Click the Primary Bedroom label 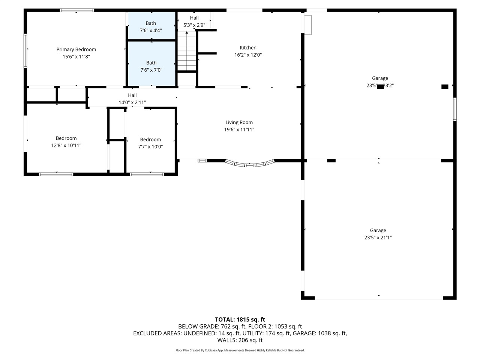76,49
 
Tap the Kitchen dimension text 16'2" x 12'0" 248,55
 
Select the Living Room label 239,122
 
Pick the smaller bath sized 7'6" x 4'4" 151,27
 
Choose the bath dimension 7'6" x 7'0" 151,70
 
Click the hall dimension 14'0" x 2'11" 132,102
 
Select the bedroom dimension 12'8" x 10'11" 66,145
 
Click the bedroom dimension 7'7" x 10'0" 150,147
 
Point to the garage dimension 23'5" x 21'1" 378,237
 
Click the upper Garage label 380,78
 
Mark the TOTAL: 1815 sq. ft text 240,319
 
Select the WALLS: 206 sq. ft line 240,340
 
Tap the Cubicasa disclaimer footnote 240,350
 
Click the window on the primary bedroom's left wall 25,51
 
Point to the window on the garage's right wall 454,109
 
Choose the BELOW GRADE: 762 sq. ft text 208,327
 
